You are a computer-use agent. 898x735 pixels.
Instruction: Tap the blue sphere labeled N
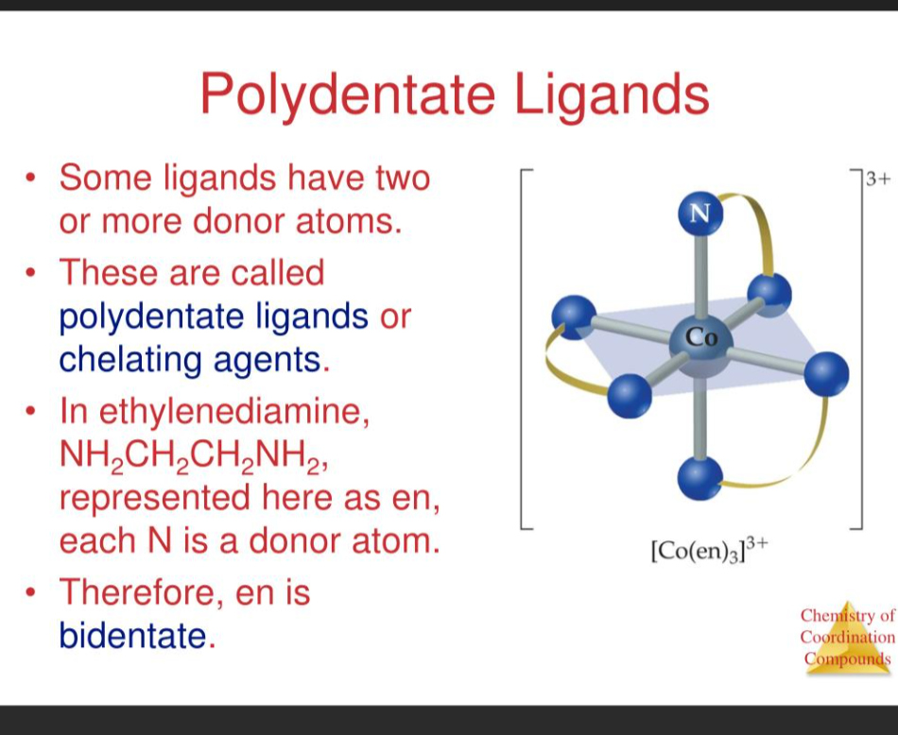tap(699, 212)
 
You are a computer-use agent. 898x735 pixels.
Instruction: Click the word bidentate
tap(132, 636)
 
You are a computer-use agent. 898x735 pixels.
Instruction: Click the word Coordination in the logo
tap(846, 638)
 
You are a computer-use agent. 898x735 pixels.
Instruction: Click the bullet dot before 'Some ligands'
tap(33, 178)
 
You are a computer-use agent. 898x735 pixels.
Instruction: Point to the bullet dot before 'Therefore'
tap(33, 593)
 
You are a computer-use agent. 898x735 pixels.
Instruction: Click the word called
tap(275, 272)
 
